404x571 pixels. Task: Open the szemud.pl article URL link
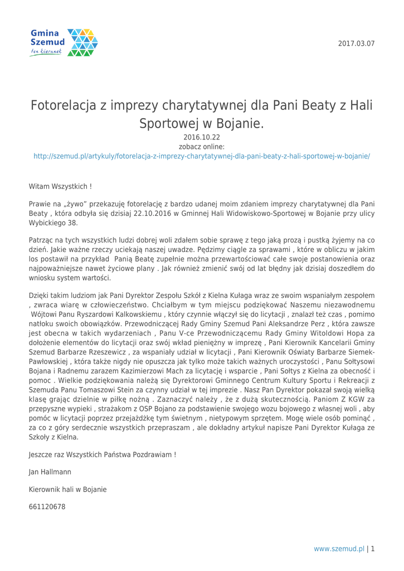(x=202, y=157)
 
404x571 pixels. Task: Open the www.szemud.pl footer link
(x=339, y=549)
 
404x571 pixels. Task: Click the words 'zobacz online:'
(x=202, y=147)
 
